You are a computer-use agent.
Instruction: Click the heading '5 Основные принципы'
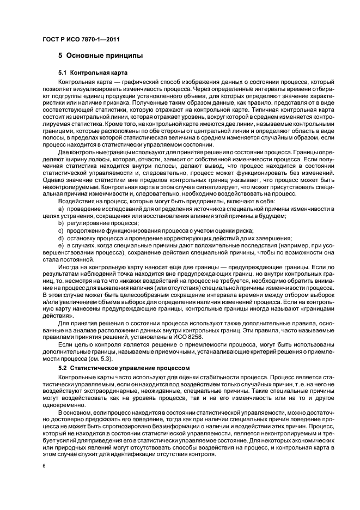[x=101, y=56]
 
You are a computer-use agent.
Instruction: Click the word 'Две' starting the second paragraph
[x=64, y=153]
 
